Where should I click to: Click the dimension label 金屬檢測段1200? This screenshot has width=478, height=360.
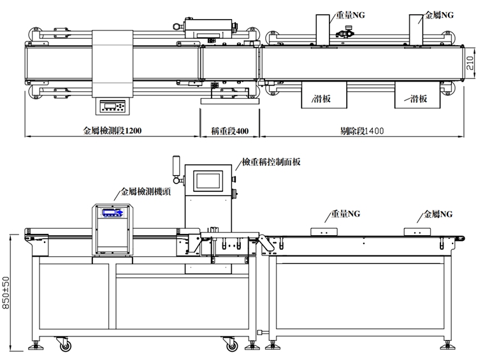click(112, 131)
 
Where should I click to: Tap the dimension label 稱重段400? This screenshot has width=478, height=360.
click(229, 131)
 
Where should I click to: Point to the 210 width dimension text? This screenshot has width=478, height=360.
click(469, 63)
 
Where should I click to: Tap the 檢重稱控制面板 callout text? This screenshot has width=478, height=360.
click(271, 162)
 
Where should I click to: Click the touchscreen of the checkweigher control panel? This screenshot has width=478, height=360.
click(211, 180)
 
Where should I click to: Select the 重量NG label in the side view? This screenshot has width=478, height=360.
click(345, 214)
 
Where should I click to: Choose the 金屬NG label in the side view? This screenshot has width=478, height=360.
click(438, 214)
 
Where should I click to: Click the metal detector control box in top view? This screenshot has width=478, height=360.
click(112, 106)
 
